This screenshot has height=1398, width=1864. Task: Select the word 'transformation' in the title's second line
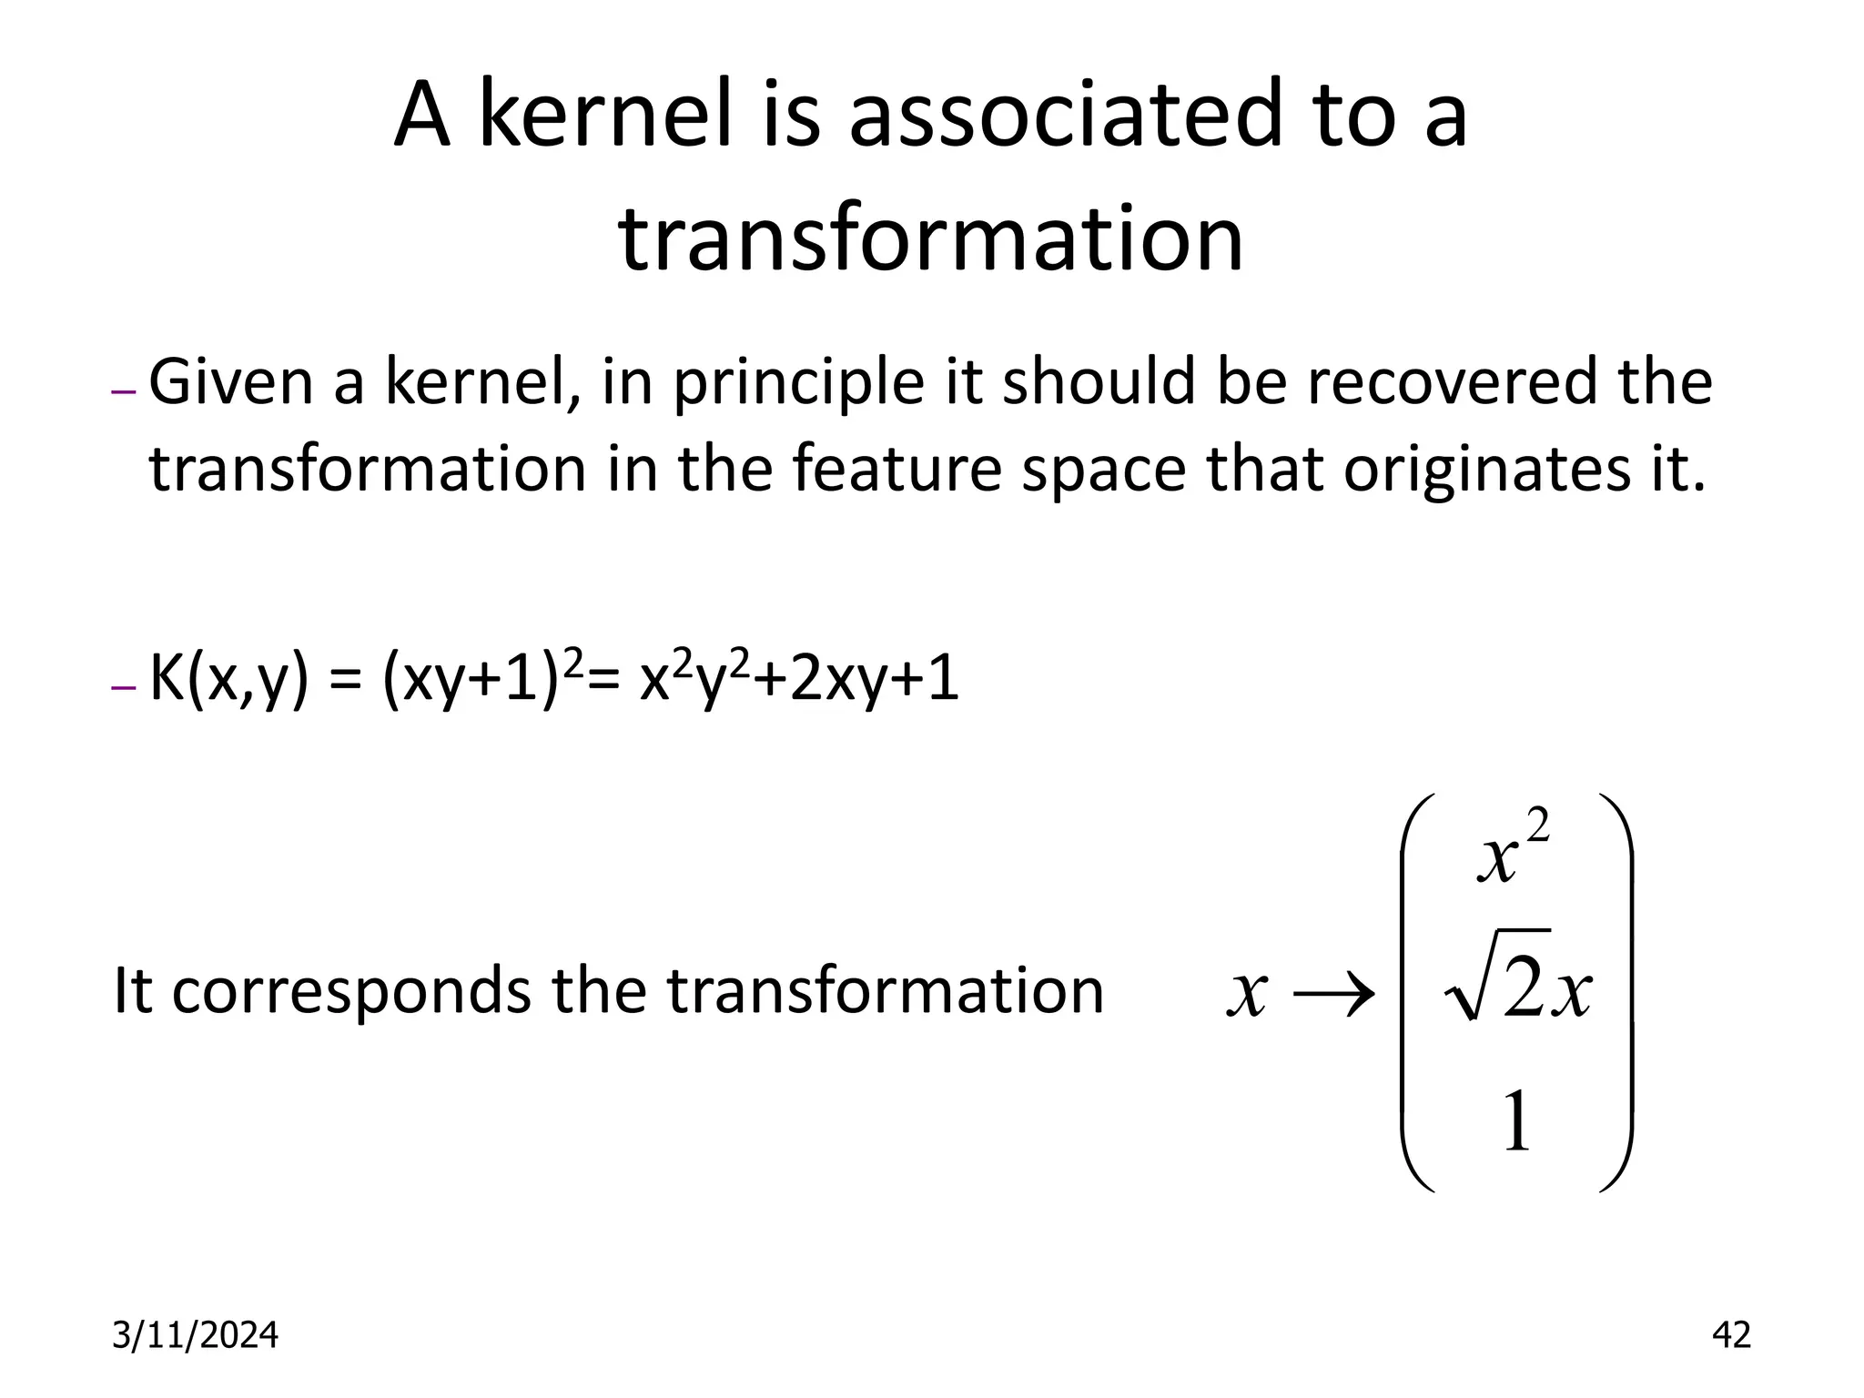click(931, 238)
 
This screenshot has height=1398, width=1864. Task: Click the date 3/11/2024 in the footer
click(195, 1335)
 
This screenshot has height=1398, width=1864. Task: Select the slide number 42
click(1730, 1335)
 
